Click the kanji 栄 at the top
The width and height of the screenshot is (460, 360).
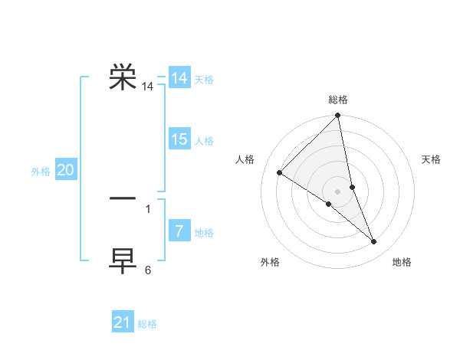(x=123, y=78)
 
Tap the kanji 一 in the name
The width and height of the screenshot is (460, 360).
(x=123, y=198)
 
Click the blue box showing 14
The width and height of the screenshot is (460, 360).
(x=179, y=78)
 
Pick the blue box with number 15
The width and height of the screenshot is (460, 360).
(x=179, y=139)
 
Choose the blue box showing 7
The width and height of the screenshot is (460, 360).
(x=179, y=231)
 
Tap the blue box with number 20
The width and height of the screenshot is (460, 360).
(x=66, y=171)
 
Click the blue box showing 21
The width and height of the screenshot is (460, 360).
(x=123, y=322)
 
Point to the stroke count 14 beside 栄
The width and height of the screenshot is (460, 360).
(x=148, y=87)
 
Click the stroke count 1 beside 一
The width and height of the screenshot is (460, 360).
(x=148, y=208)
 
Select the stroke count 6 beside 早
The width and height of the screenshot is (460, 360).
(x=148, y=270)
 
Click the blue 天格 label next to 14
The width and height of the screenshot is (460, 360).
(x=204, y=80)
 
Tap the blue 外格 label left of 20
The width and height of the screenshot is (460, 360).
(x=41, y=172)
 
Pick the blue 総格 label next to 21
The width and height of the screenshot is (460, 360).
(x=147, y=324)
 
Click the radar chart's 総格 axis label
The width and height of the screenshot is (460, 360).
(x=338, y=100)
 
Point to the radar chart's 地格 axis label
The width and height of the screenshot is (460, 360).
(x=402, y=262)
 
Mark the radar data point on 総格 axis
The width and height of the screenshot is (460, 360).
(x=338, y=116)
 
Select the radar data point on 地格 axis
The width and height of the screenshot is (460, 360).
(x=374, y=242)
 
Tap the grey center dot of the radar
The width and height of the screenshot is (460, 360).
(x=338, y=191)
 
